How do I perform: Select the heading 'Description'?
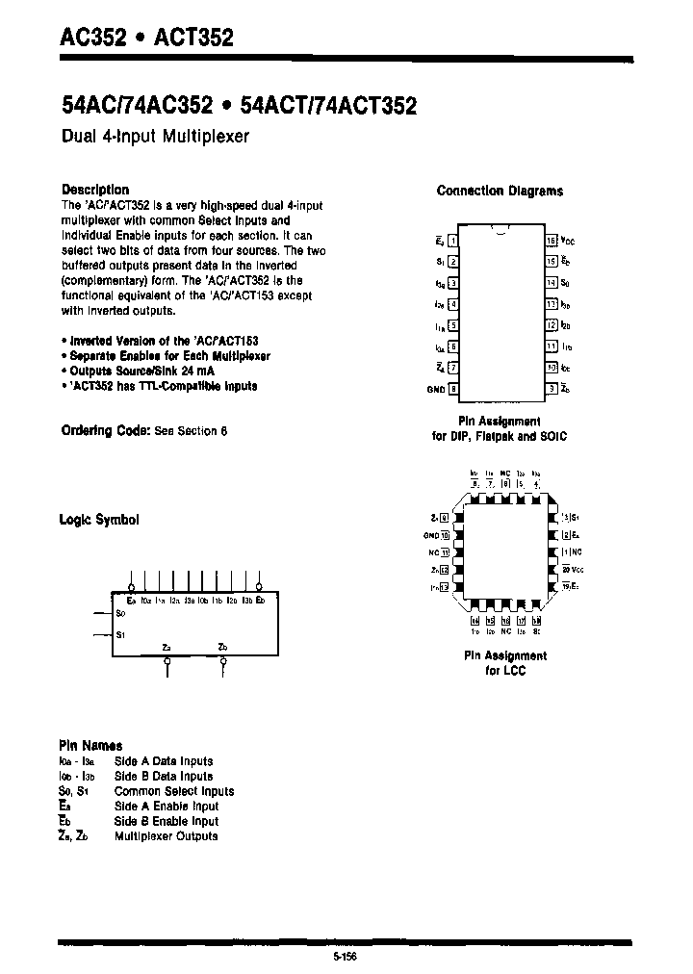click(94, 190)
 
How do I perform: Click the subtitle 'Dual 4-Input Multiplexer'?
click(155, 137)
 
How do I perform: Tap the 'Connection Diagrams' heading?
click(500, 191)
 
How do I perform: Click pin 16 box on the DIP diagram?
click(552, 241)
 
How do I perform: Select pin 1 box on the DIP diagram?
click(453, 241)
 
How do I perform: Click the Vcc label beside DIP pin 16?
click(568, 241)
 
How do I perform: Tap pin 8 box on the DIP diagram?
click(453, 390)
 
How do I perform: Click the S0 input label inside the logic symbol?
click(120, 612)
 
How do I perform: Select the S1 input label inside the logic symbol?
click(120, 634)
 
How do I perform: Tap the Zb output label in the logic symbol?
click(222, 646)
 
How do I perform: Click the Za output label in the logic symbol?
click(167, 646)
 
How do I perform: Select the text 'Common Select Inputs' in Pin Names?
click(173, 791)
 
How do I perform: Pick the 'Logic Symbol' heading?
click(99, 519)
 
